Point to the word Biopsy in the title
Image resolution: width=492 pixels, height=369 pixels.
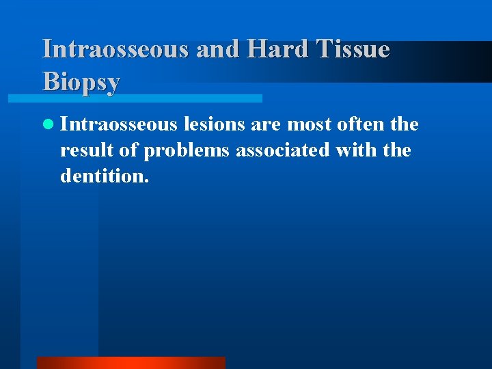(x=81, y=81)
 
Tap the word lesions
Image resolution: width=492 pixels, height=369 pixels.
(x=210, y=124)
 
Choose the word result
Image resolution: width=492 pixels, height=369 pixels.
(x=84, y=150)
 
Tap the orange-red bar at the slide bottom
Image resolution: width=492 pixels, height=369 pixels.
(x=131, y=362)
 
